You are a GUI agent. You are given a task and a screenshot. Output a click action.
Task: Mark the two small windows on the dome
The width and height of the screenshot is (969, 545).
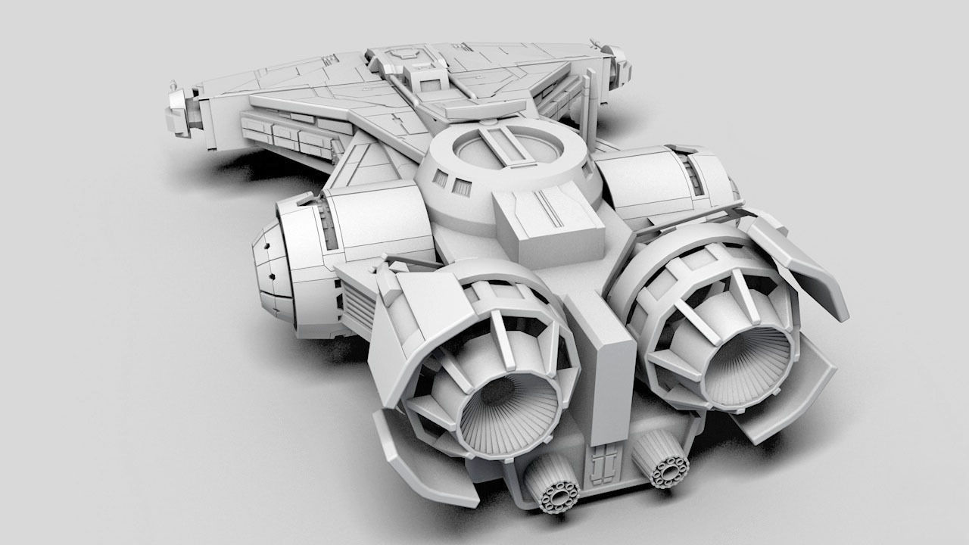point(450,182)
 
